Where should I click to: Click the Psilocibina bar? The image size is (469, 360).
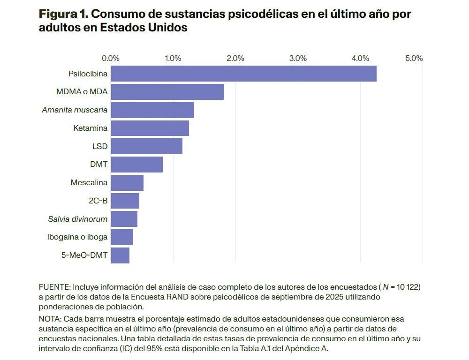(244, 74)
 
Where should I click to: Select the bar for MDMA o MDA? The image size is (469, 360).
(167, 92)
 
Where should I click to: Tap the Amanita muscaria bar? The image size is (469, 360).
(152, 110)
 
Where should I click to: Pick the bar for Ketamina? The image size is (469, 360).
(150, 128)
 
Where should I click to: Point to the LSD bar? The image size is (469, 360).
(147, 146)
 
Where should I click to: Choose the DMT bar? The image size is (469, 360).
(137, 165)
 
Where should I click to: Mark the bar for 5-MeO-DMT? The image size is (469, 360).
(121, 255)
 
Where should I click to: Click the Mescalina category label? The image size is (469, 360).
(89, 182)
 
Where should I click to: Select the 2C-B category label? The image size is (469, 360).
(98, 201)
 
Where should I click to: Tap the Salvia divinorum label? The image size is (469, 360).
(77, 219)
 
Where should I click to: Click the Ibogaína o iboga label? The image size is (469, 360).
(77, 237)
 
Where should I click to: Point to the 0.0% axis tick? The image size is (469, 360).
(111, 59)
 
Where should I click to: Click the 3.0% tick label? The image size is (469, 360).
(298, 59)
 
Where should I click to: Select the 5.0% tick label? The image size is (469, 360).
(414, 59)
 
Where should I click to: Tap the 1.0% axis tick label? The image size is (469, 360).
(173, 59)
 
